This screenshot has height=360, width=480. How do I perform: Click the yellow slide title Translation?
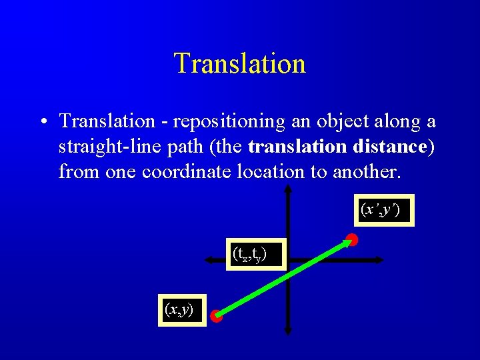tap(239, 63)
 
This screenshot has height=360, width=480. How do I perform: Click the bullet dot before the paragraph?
tap(42, 122)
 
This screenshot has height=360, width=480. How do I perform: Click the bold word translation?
tap(299, 147)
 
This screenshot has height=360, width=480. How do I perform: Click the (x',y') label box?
tap(383, 210)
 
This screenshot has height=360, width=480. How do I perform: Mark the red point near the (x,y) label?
tap(217, 317)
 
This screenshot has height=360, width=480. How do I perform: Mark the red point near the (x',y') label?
tap(352, 239)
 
